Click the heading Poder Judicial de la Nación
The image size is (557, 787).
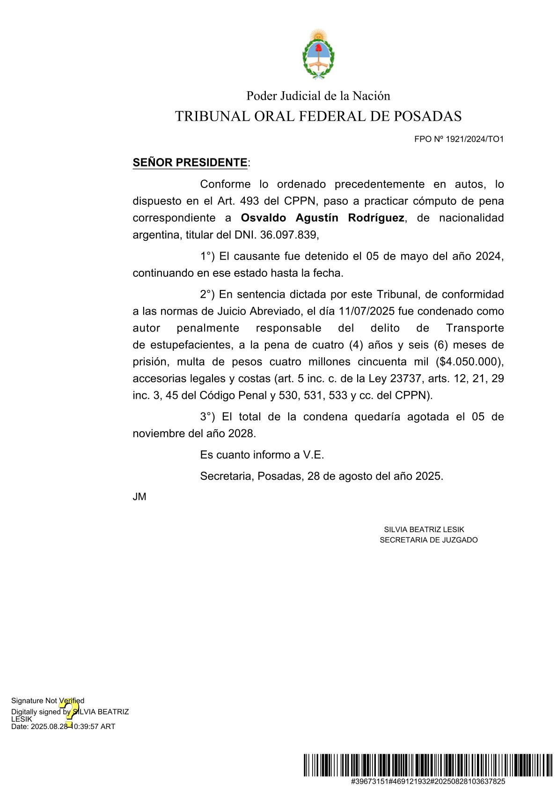(x=318, y=96)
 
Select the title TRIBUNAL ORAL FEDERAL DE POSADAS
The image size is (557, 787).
(x=318, y=116)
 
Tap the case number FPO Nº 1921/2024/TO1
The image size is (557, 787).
(x=458, y=139)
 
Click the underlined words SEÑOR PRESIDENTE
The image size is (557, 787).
(x=190, y=163)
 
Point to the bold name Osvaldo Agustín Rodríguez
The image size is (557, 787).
(x=322, y=218)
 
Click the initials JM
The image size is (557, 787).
(x=139, y=497)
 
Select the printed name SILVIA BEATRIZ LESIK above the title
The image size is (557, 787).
(x=424, y=530)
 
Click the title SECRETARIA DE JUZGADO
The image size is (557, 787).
(x=428, y=540)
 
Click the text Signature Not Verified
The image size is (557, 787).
(x=48, y=700)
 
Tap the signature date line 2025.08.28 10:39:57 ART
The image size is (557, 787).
(x=63, y=727)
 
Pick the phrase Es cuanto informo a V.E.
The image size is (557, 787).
(x=262, y=455)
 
